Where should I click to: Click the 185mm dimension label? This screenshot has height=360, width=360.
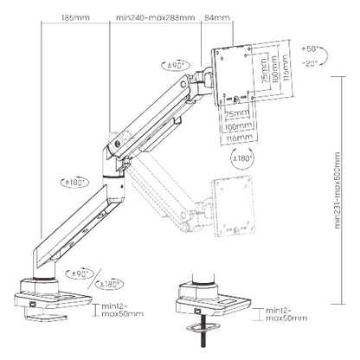tap(76, 16)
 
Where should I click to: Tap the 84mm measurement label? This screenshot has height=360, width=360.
tap(217, 16)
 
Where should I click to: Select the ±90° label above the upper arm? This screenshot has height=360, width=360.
tap(179, 67)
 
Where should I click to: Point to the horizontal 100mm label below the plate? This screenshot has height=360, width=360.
tap(231, 124)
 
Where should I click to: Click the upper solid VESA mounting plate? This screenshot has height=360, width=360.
tap(228, 69)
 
